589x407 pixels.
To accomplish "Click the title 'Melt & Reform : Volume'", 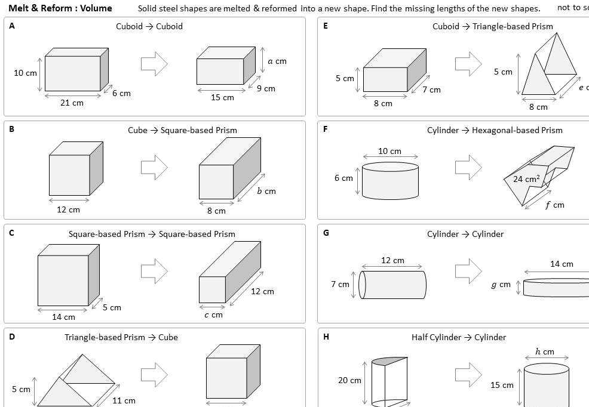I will pyautogui.click(x=60, y=8).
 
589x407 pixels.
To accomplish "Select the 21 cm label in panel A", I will pyautogui.click(x=72, y=103).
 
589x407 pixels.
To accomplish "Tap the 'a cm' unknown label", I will pyautogui.click(x=277, y=61).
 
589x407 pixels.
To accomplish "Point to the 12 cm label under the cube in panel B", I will pyautogui.click(x=68, y=209).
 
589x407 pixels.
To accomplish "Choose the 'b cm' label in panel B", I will pyautogui.click(x=266, y=192).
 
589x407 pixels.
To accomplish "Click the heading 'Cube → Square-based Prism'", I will pyautogui.click(x=182, y=130).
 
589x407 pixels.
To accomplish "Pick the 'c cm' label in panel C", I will pyautogui.click(x=213, y=314).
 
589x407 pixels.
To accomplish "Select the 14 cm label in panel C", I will pyautogui.click(x=63, y=317).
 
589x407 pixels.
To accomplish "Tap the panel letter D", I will pyautogui.click(x=12, y=337).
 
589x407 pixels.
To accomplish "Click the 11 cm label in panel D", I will pyautogui.click(x=124, y=400).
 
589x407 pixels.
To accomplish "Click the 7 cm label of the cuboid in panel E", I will pyautogui.click(x=431, y=90).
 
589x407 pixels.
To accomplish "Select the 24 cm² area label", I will pyautogui.click(x=526, y=179).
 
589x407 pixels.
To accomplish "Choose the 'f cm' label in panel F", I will pyautogui.click(x=554, y=205).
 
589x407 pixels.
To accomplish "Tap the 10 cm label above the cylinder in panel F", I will pyautogui.click(x=390, y=151).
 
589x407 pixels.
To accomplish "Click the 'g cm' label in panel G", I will pyautogui.click(x=501, y=285).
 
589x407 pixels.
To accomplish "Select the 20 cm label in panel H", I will pyautogui.click(x=350, y=380).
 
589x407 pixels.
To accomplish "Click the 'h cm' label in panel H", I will pyautogui.click(x=545, y=351).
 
